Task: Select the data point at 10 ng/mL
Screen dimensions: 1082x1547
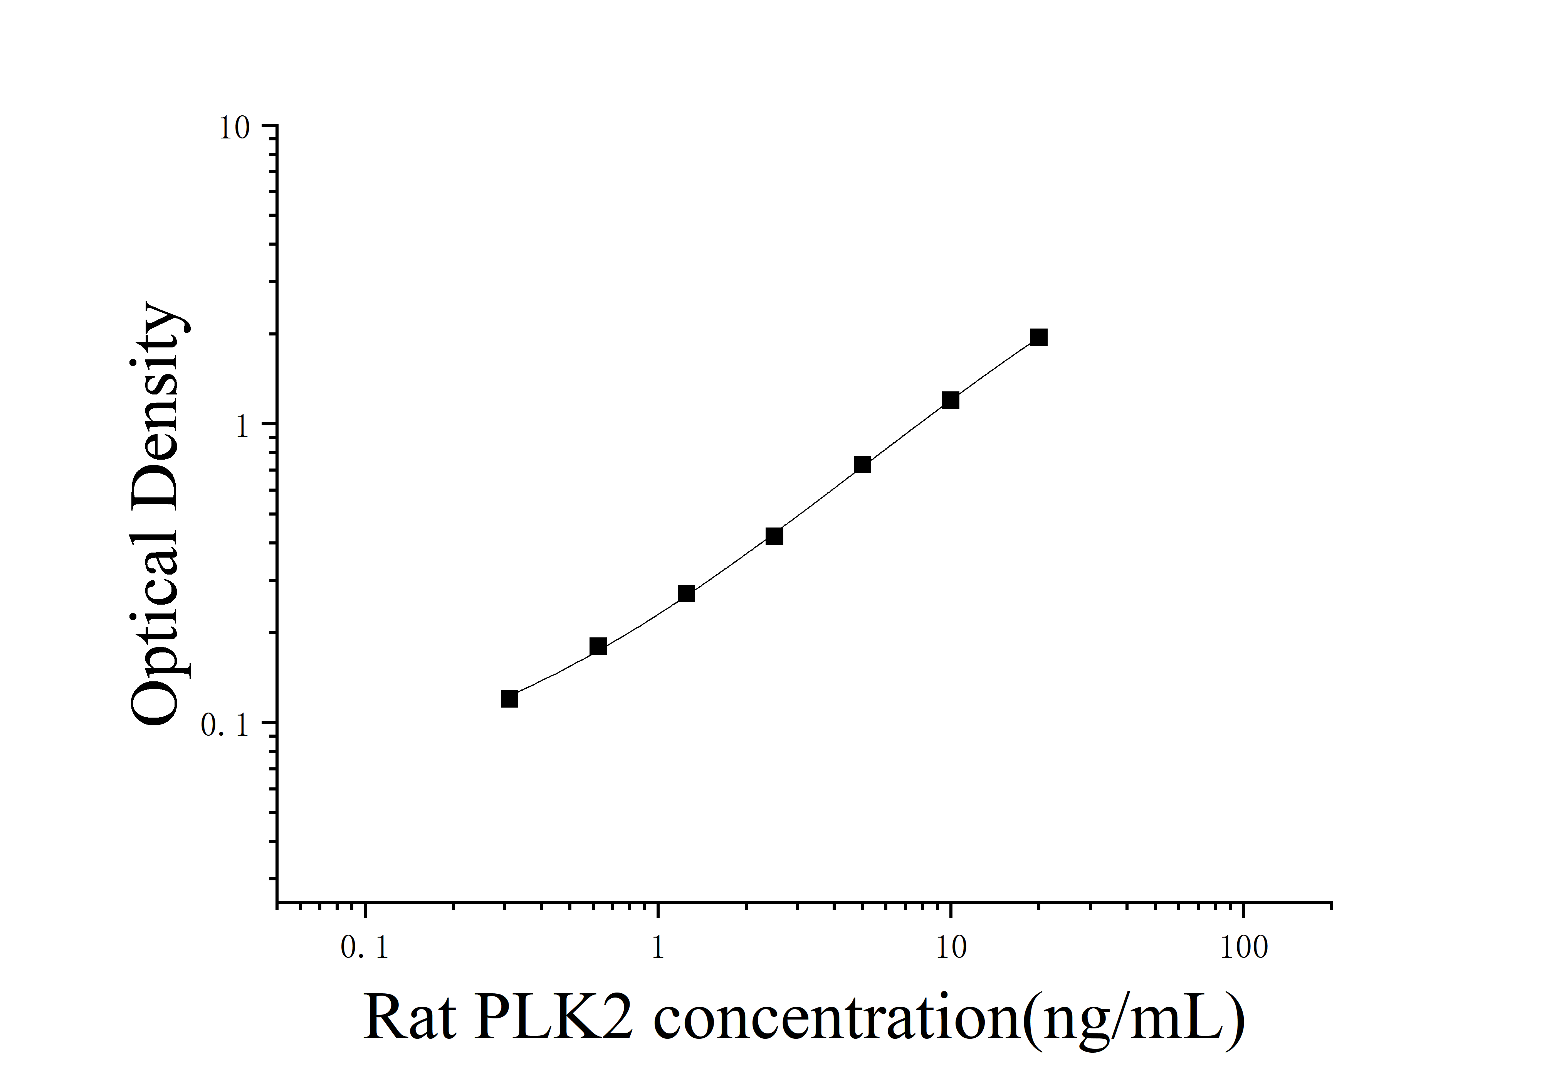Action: coord(950,400)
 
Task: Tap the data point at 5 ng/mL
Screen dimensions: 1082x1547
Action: coord(862,465)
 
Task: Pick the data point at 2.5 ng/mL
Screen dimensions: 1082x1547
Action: coord(774,536)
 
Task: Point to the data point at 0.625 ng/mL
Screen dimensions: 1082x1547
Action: coord(598,646)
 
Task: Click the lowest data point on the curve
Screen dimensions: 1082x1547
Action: coord(509,698)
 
